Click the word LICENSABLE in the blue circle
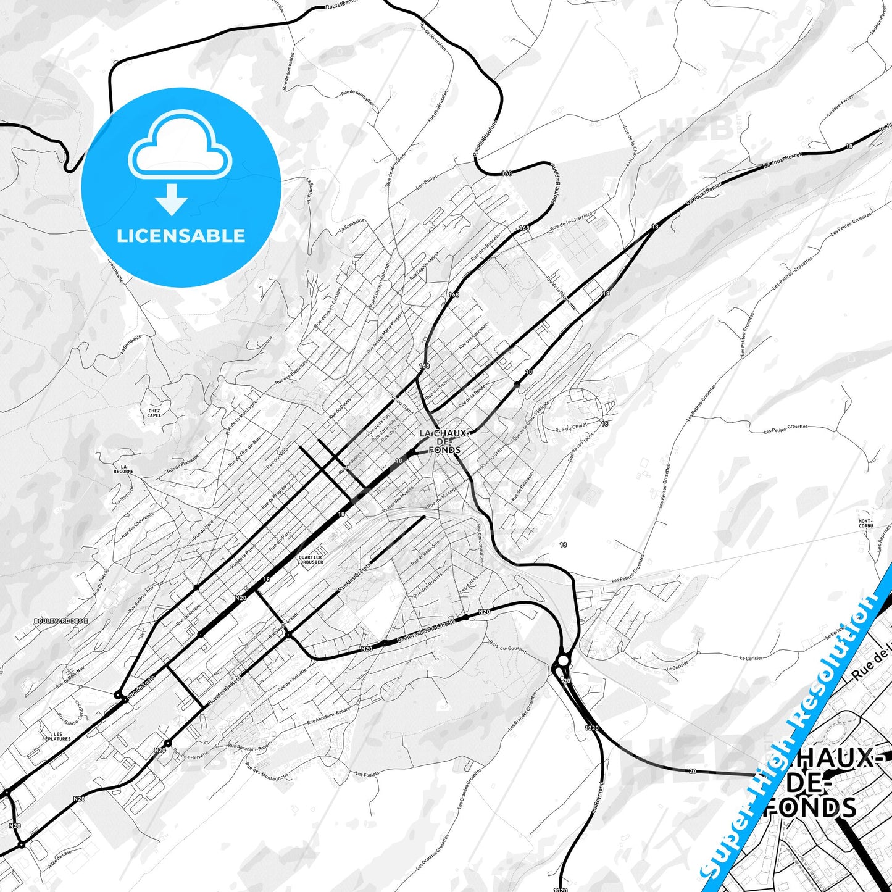pos(181,236)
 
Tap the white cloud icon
pos(180,149)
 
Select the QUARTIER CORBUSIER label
pos(310,559)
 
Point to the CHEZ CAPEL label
pos(154,412)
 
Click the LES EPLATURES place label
pos(57,736)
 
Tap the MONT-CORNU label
pos(865,523)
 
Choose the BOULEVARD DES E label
pos(61,620)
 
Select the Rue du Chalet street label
pos(571,430)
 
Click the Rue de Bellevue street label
pos(522,487)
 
